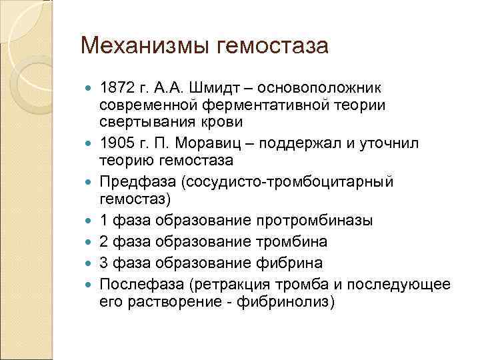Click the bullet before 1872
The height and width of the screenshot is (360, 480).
[x=91, y=88]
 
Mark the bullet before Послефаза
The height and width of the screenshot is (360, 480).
[x=91, y=285]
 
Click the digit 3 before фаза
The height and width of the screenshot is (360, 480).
[x=103, y=263]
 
